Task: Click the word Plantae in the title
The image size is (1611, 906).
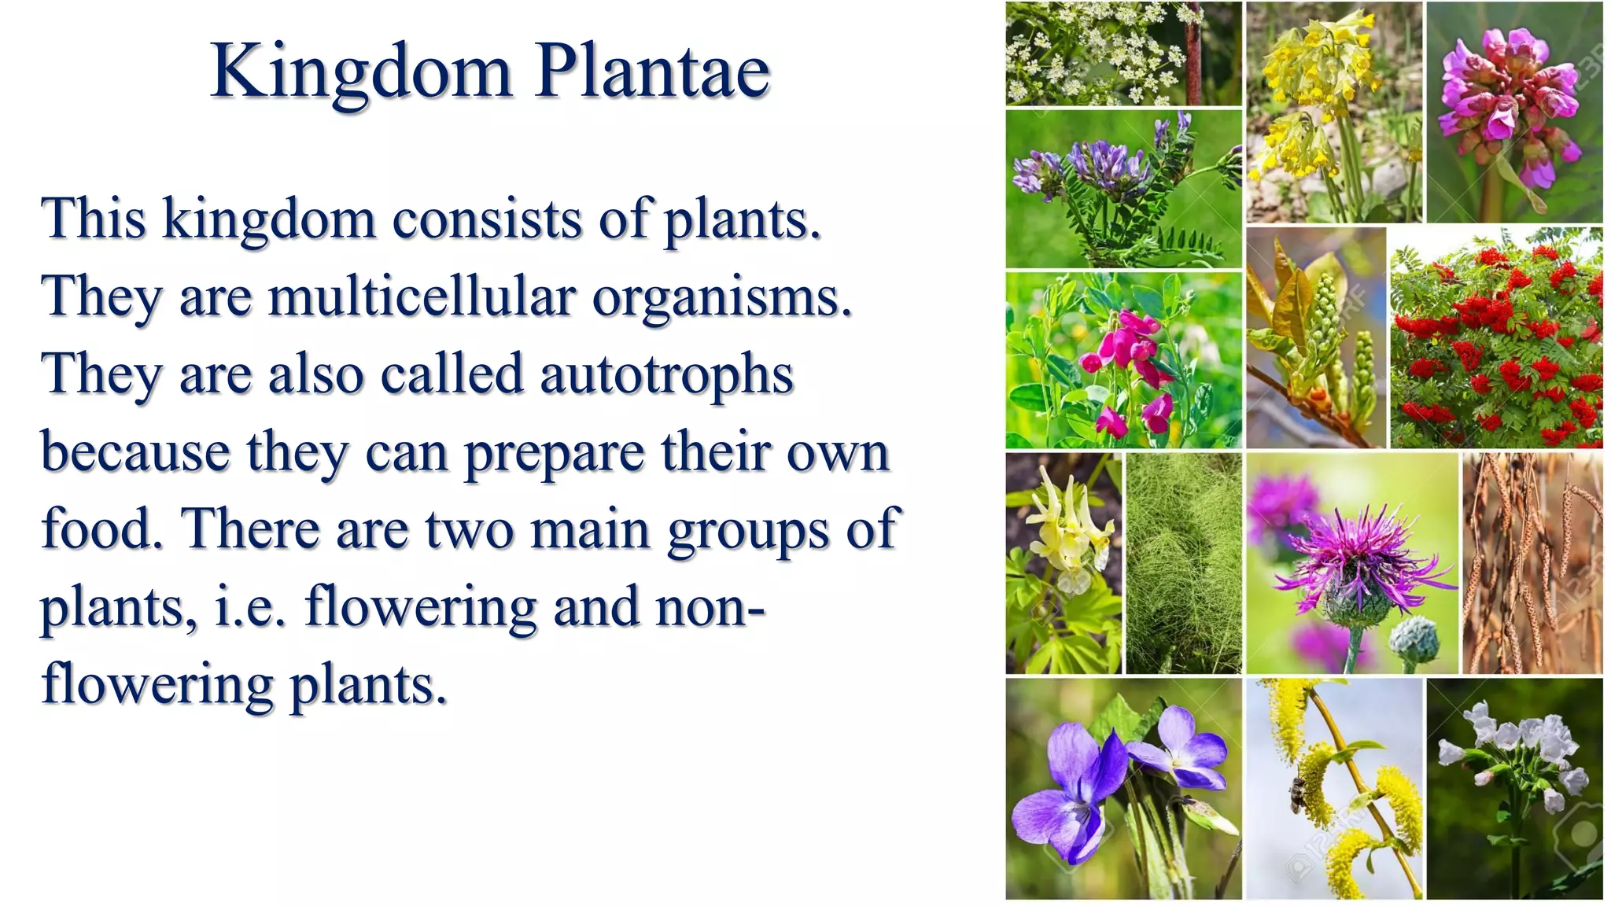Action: click(652, 72)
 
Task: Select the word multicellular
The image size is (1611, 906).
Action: click(422, 297)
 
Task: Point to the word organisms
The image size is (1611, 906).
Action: click(721, 297)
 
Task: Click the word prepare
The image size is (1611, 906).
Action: click(555, 454)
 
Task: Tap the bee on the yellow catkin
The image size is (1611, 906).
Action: click(1296, 794)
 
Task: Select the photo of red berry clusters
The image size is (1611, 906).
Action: click(1495, 338)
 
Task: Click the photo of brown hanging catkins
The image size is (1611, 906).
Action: click(1532, 563)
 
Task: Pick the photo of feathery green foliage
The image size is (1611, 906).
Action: click(1184, 563)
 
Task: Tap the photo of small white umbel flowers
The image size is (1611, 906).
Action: click(1123, 53)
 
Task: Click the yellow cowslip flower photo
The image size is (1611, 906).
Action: click(1333, 112)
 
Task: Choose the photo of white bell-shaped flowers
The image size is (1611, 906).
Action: click(1514, 788)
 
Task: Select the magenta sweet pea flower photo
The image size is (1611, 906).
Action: click(1123, 360)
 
